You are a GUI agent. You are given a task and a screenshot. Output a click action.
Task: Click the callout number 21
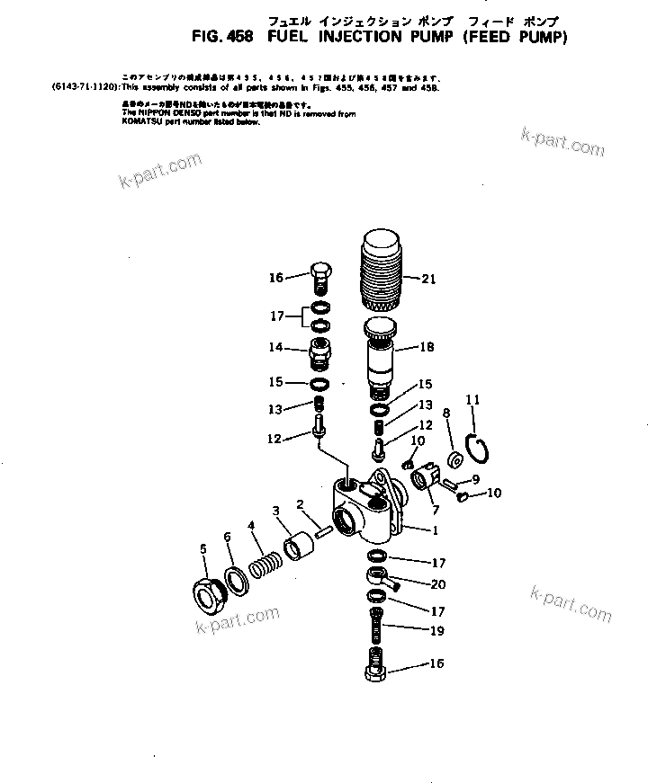[428, 279]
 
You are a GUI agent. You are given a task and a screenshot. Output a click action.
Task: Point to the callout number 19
[436, 631]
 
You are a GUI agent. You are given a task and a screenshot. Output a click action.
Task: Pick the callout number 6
[228, 537]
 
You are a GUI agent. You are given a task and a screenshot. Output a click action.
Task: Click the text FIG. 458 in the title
[224, 38]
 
